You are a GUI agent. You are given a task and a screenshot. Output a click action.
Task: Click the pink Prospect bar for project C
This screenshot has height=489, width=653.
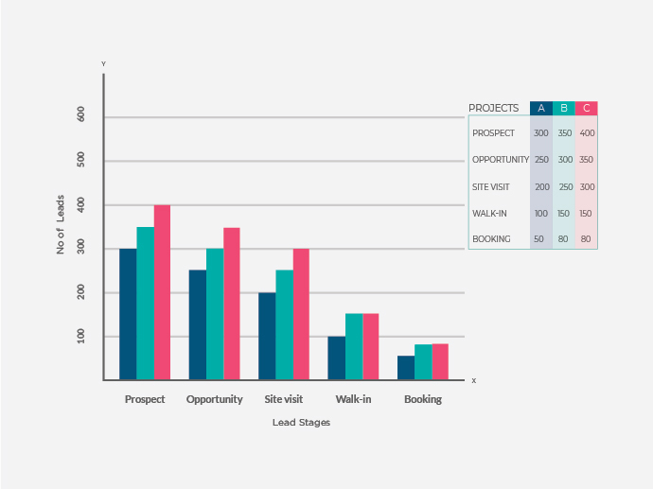click(x=162, y=292)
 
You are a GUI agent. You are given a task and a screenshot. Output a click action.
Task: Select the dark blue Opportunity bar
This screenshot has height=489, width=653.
click(x=197, y=325)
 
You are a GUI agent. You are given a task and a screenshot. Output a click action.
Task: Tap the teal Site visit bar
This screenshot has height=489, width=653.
click(x=284, y=325)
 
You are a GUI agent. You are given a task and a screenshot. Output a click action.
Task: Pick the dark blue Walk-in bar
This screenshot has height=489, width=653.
click(x=336, y=358)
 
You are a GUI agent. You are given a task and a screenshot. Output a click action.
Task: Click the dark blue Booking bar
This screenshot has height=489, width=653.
click(x=405, y=368)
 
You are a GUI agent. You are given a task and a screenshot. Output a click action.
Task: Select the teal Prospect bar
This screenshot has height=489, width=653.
click(x=145, y=304)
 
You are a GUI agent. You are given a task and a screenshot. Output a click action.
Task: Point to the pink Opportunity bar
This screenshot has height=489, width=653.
click(x=232, y=304)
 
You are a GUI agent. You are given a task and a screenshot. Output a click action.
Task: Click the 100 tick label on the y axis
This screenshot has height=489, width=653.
click(x=80, y=336)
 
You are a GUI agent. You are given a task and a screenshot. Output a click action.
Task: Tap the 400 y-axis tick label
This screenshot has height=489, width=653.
click(x=80, y=203)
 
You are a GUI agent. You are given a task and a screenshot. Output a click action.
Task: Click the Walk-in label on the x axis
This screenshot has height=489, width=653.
click(x=353, y=399)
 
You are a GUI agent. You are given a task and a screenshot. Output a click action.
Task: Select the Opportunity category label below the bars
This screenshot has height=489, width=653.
click(x=215, y=399)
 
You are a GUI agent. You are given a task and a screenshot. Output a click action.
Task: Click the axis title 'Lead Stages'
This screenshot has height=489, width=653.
click(x=301, y=423)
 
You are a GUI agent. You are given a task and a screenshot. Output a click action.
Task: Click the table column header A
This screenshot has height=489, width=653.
click(x=541, y=108)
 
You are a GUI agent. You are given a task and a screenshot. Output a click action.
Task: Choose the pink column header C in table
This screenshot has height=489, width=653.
click(x=587, y=108)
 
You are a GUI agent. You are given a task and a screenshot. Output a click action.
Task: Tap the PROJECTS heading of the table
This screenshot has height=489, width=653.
click(x=494, y=108)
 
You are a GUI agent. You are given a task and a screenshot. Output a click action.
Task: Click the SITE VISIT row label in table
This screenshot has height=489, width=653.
click(x=491, y=186)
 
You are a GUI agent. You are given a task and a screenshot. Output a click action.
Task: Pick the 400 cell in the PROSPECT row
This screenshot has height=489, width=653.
click(x=587, y=133)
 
